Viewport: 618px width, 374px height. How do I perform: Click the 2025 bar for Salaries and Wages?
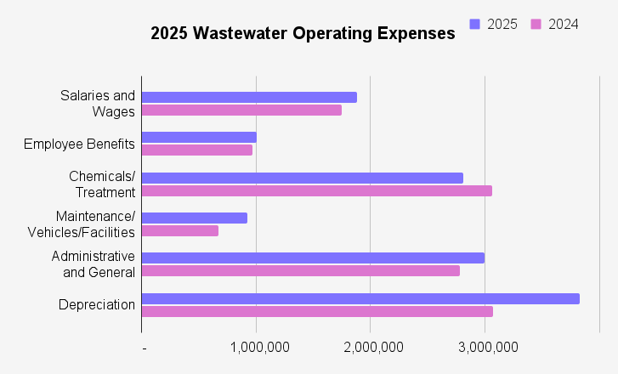tap(249, 97)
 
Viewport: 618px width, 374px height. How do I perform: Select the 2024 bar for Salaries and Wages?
tap(241, 110)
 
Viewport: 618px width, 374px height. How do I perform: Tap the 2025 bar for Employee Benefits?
tap(199, 137)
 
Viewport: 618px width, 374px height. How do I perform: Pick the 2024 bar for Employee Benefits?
tap(197, 150)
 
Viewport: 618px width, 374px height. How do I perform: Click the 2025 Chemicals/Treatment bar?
tap(303, 178)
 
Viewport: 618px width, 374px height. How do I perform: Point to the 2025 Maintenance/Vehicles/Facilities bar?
tap(195, 218)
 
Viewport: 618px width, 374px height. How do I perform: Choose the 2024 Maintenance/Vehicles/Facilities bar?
tap(180, 230)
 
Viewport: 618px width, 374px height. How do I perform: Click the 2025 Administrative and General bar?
tap(313, 258)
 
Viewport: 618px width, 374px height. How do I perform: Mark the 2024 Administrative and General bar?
tap(301, 270)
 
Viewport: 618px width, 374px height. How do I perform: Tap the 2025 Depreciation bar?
tap(360, 298)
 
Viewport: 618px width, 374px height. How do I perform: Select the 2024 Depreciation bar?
tap(317, 311)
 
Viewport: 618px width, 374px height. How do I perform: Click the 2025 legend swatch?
tap(475, 24)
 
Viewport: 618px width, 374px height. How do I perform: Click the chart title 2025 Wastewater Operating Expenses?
tap(303, 34)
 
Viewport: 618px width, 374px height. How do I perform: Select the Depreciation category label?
tap(97, 304)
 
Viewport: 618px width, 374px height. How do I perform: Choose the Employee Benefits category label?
tap(79, 144)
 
